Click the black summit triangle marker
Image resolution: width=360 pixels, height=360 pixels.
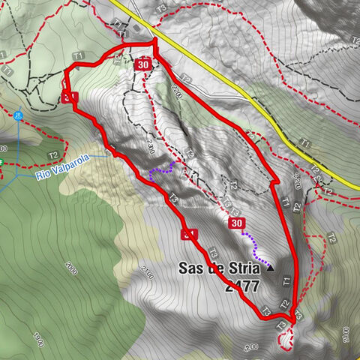271,265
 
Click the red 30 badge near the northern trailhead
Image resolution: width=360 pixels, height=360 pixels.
142,66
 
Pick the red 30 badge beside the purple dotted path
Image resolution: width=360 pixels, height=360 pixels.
237,223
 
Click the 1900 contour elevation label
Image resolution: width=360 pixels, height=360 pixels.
37,339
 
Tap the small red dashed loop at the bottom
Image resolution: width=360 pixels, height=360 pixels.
286,341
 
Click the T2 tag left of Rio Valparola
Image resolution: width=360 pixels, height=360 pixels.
53,155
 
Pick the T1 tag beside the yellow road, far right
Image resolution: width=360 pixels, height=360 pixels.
304,142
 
